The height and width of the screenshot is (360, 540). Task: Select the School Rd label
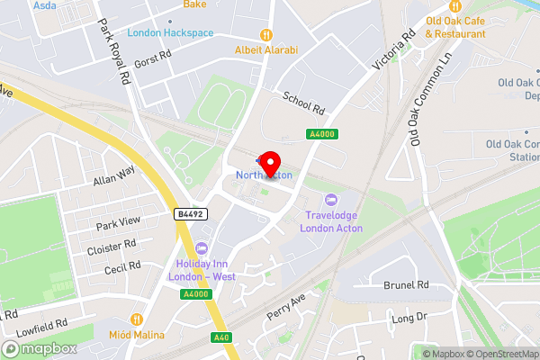303,103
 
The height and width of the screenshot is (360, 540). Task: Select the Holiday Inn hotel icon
202,247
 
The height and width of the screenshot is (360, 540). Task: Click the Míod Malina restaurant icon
137,319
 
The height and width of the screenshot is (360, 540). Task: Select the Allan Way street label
113,175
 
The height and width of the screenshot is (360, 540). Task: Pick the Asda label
45,5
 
